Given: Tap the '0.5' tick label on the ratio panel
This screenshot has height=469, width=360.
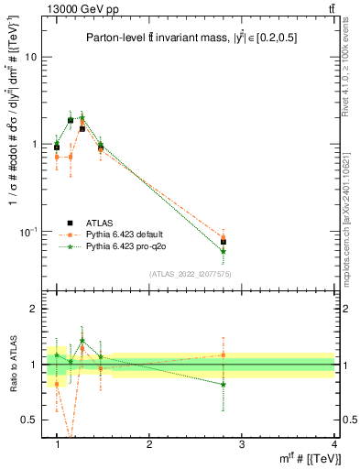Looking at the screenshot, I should [x=29, y=420].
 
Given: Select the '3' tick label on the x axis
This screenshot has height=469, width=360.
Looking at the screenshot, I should [x=242, y=444].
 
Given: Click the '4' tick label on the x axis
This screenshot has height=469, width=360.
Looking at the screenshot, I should [x=333, y=444].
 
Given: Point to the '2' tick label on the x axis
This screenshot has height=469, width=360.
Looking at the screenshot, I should [x=149, y=444].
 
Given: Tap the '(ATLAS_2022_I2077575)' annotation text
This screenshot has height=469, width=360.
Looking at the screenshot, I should [x=191, y=274].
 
